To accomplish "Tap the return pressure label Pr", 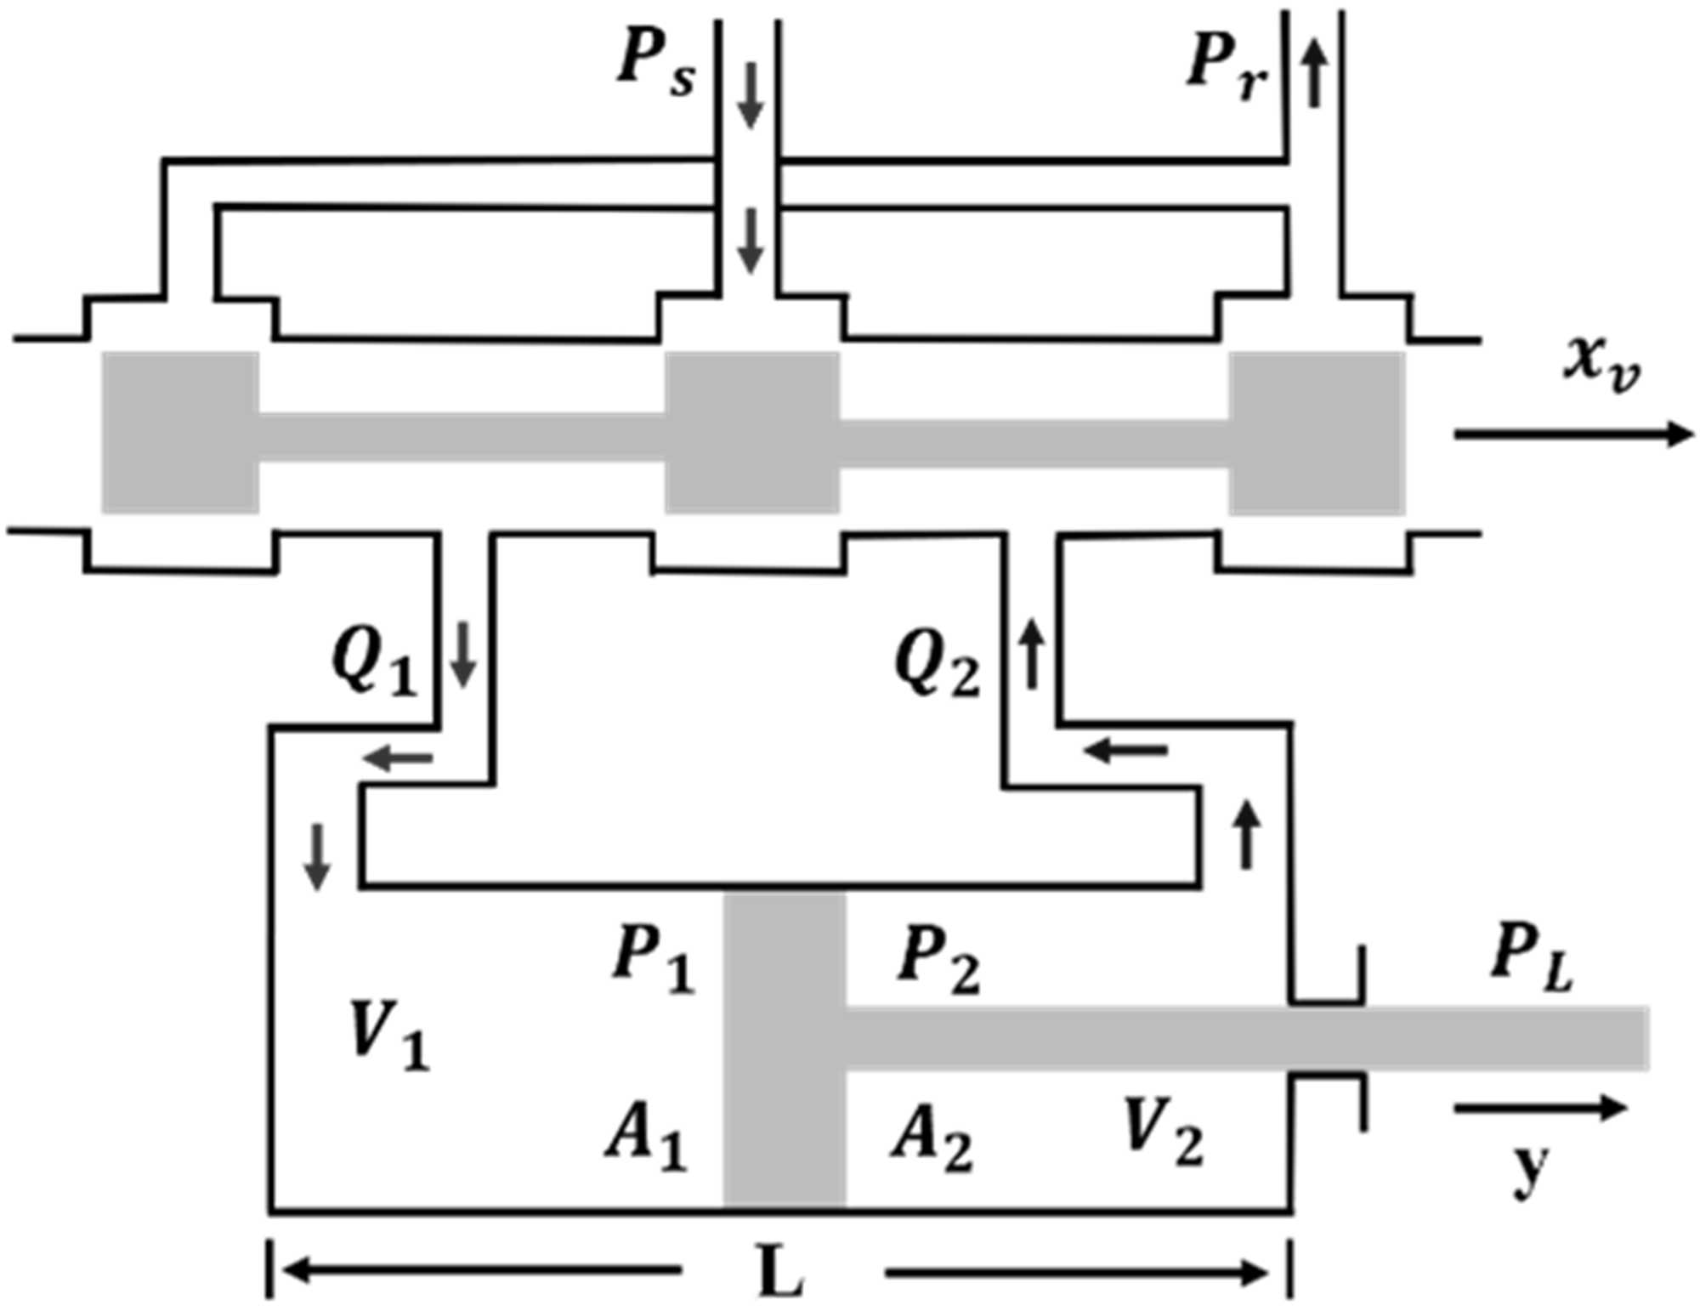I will click(x=1227, y=65).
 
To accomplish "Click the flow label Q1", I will click(x=374, y=664).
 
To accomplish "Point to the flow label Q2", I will click(x=937, y=666).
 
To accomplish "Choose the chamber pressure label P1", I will click(x=653, y=960).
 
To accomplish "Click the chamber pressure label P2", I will click(x=938, y=960).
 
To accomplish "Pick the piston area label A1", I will click(x=646, y=1139).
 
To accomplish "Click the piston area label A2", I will click(x=932, y=1139).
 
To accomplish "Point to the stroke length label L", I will click(x=780, y=1272).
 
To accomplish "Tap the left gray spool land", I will click(x=180, y=433).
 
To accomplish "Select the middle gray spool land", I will click(x=752, y=433).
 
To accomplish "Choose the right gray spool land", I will click(x=1316, y=433).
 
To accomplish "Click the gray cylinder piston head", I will click(x=784, y=1050).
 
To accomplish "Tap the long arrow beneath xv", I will click(x=1572, y=434).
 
